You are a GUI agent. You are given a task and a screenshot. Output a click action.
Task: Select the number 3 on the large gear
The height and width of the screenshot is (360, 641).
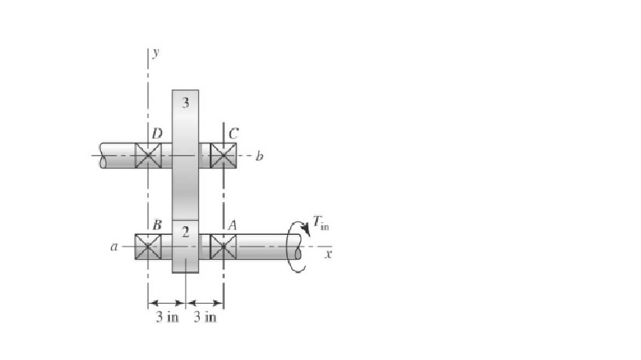click(x=185, y=103)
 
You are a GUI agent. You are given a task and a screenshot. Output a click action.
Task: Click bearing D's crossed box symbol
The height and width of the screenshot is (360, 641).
click(x=148, y=155)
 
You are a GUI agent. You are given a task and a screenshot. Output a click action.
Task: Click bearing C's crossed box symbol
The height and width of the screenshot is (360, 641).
click(x=223, y=155)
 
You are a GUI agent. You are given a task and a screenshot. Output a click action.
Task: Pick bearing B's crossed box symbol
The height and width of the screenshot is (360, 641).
click(x=148, y=247)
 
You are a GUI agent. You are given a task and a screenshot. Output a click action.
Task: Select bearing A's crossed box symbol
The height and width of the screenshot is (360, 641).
click(x=223, y=247)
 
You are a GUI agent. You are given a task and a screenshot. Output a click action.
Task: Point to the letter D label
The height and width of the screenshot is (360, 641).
click(x=157, y=134)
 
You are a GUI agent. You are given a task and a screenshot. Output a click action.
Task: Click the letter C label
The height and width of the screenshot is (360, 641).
click(x=232, y=134)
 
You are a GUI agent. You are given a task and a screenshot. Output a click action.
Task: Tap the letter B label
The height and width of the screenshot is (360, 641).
click(x=157, y=225)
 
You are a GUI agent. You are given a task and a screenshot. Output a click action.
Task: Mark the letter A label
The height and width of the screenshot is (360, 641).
click(x=232, y=225)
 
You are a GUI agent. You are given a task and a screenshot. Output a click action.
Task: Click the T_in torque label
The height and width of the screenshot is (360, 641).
click(x=322, y=223)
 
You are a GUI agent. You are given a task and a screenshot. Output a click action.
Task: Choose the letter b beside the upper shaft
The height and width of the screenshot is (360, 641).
click(x=260, y=156)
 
